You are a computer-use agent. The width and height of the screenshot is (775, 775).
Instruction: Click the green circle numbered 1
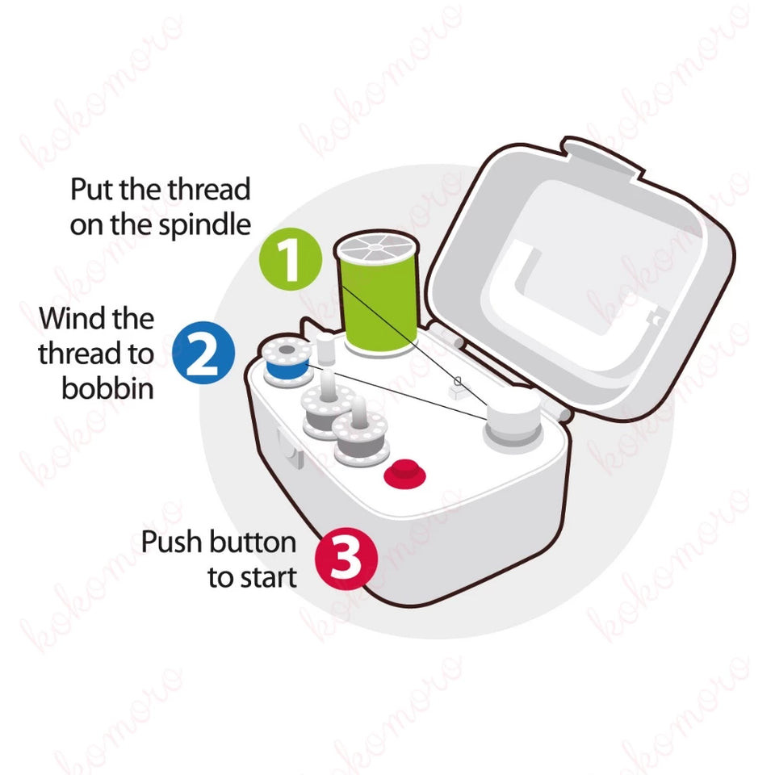pyautogui.click(x=291, y=258)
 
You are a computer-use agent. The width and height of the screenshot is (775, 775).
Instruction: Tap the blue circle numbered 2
pyautogui.click(x=203, y=353)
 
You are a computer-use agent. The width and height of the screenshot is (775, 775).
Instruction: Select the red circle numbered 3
pyautogui.click(x=346, y=559)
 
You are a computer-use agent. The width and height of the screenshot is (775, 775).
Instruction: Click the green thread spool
pyautogui.click(x=377, y=291)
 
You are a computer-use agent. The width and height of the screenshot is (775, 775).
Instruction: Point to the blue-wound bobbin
pyautogui.click(x=287, y=362)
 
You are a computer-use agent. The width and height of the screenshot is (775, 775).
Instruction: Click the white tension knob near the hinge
pyautogui.click(x=513, y=420)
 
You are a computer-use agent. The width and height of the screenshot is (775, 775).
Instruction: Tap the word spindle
pyautogui.click(x=204, y=225)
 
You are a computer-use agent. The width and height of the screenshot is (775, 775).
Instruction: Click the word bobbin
pyautogui.click(x=107, y=388)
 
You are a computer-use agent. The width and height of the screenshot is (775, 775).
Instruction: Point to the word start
pyautogui.click(x=267, y=577)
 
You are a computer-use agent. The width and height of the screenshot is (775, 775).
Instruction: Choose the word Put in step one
pyautogui.click(x=92, y=189)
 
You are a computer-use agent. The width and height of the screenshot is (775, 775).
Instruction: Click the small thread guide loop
pyautogui.click(x=458, y=381)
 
